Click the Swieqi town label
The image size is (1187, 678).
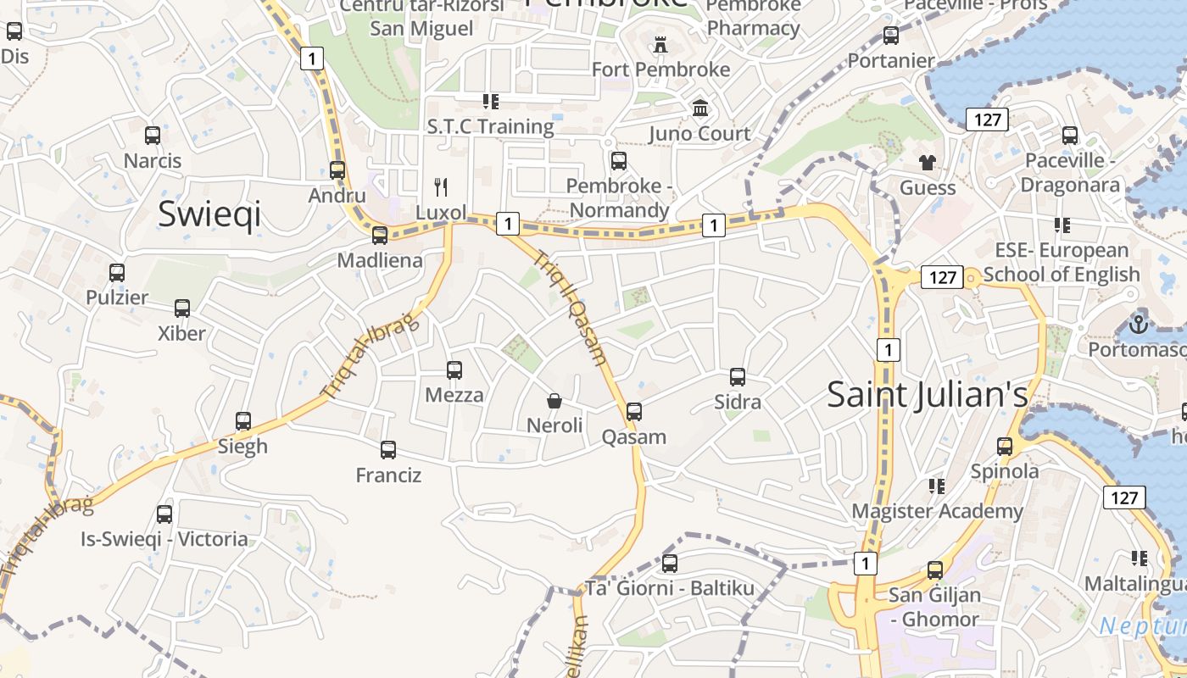click(209, 214)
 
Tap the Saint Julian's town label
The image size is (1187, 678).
click(927, 394)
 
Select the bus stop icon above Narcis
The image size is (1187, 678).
click(153, 135)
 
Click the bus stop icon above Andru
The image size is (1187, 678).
click(337, 169)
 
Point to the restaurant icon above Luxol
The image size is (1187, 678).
click(441, 186)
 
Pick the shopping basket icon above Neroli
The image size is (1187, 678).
click(554, 400)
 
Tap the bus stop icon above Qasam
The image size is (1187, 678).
click(634, 412)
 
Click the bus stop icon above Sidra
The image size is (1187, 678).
click(738, 376)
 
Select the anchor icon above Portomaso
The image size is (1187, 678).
click(1138, 324)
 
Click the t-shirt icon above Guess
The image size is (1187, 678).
click(928, 162)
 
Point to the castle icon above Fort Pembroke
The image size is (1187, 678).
click(660, 44)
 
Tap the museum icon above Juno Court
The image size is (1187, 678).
click(700, 108)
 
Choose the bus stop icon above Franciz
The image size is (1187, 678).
click(388, 450)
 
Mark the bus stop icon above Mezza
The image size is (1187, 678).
click(454, 370)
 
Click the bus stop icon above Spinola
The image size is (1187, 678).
click(1005, 446)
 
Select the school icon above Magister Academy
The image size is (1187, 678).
click(937, 486)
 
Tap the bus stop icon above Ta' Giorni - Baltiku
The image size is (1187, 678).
click(670, 563)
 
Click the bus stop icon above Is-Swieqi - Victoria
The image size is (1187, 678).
click(164, 514)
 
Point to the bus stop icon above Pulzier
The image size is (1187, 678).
click(117, 273)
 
